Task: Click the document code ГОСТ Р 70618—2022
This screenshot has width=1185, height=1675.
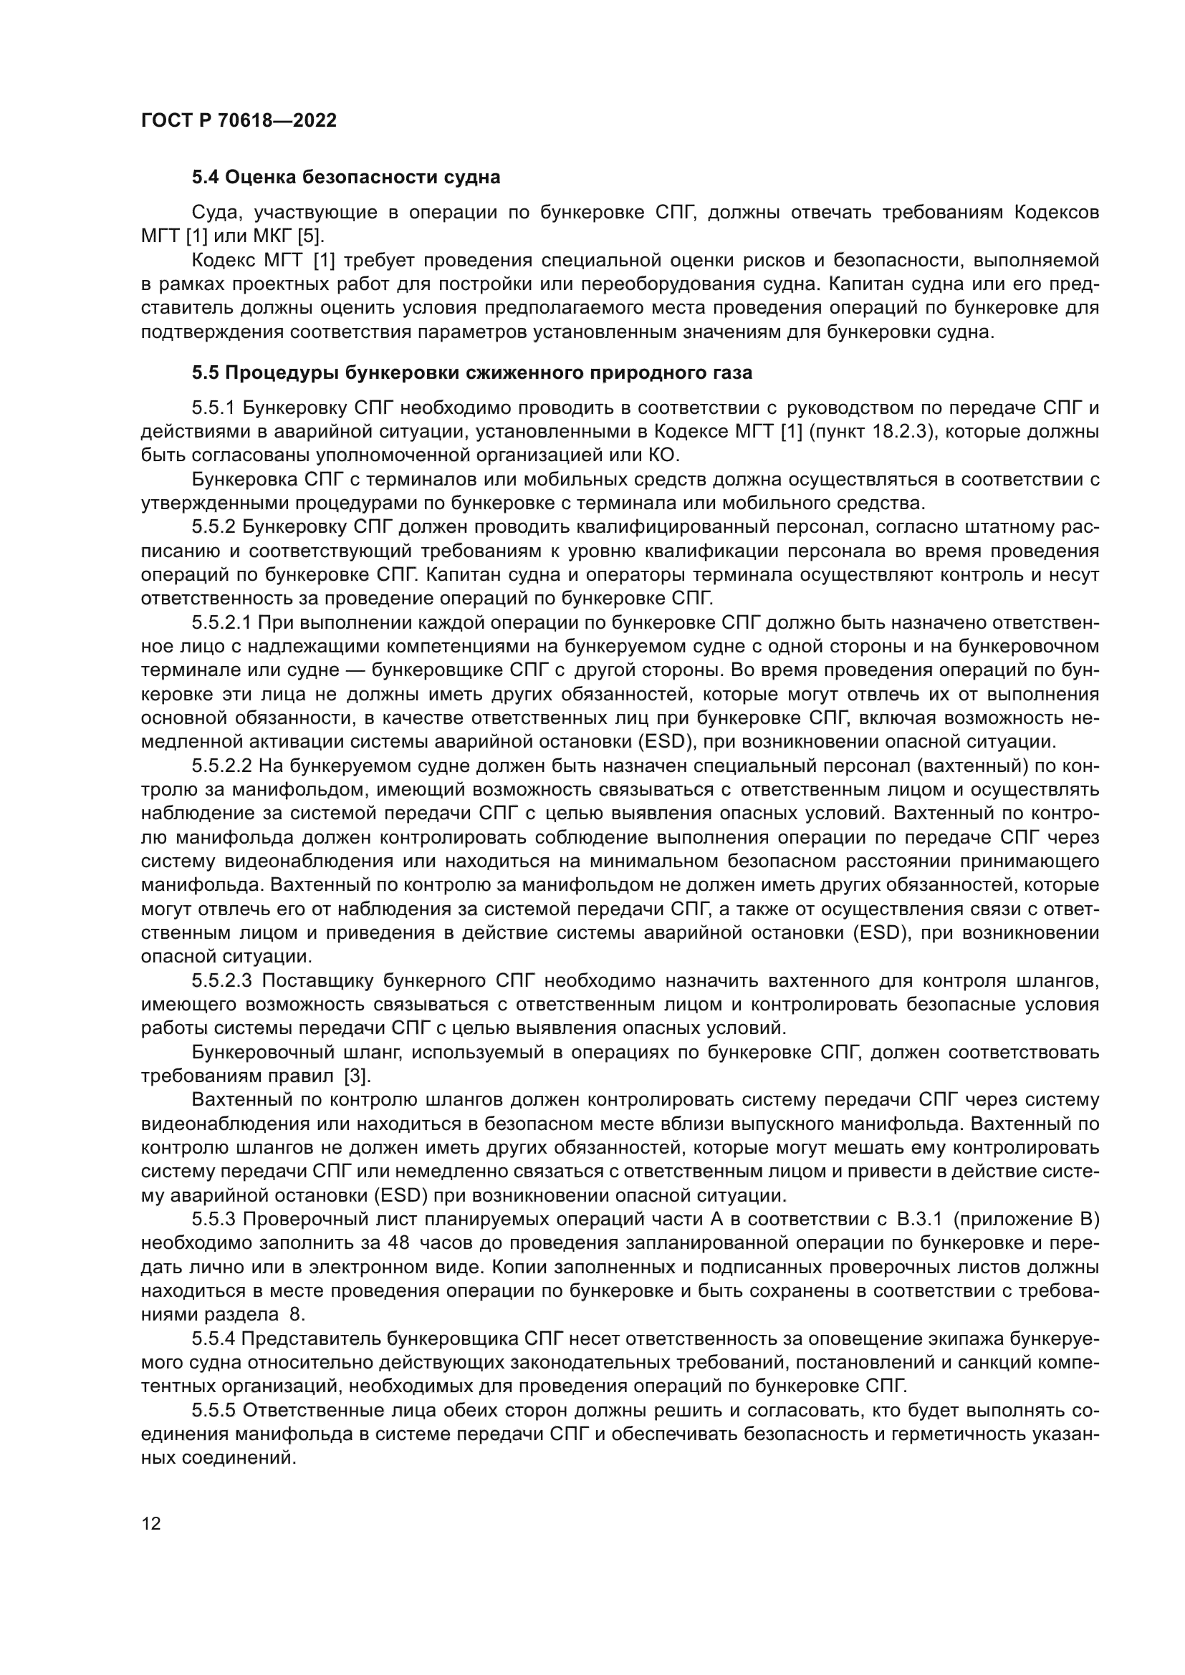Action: pyautogui.click(x=239, y=121)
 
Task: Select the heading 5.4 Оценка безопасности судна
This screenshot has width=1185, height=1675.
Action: pyautogui.click(x=346, y=178)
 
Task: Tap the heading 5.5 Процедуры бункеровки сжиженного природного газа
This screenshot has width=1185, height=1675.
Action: pyautogui.click(x=472, y=373)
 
